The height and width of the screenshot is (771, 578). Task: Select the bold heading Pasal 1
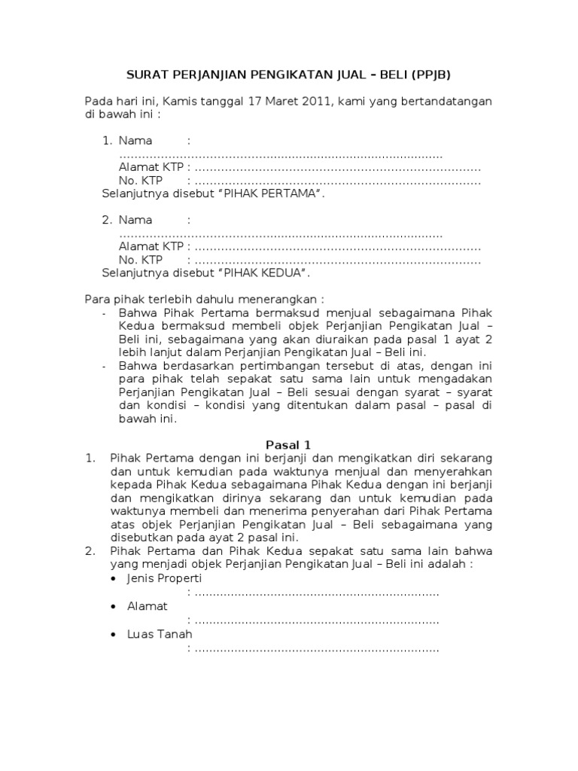click(289, 445)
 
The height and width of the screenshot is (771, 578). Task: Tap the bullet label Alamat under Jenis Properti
click(148, 606)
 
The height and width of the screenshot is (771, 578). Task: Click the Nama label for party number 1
click(135, 141)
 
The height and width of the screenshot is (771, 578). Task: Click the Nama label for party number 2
click(135, 220)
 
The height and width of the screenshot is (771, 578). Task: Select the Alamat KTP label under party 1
click(151, 167)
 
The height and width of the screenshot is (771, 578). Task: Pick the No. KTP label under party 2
click(141, 261)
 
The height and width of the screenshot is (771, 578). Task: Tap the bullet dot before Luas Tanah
click(114, 635)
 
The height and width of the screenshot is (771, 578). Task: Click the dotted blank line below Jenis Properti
click(316, 593)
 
